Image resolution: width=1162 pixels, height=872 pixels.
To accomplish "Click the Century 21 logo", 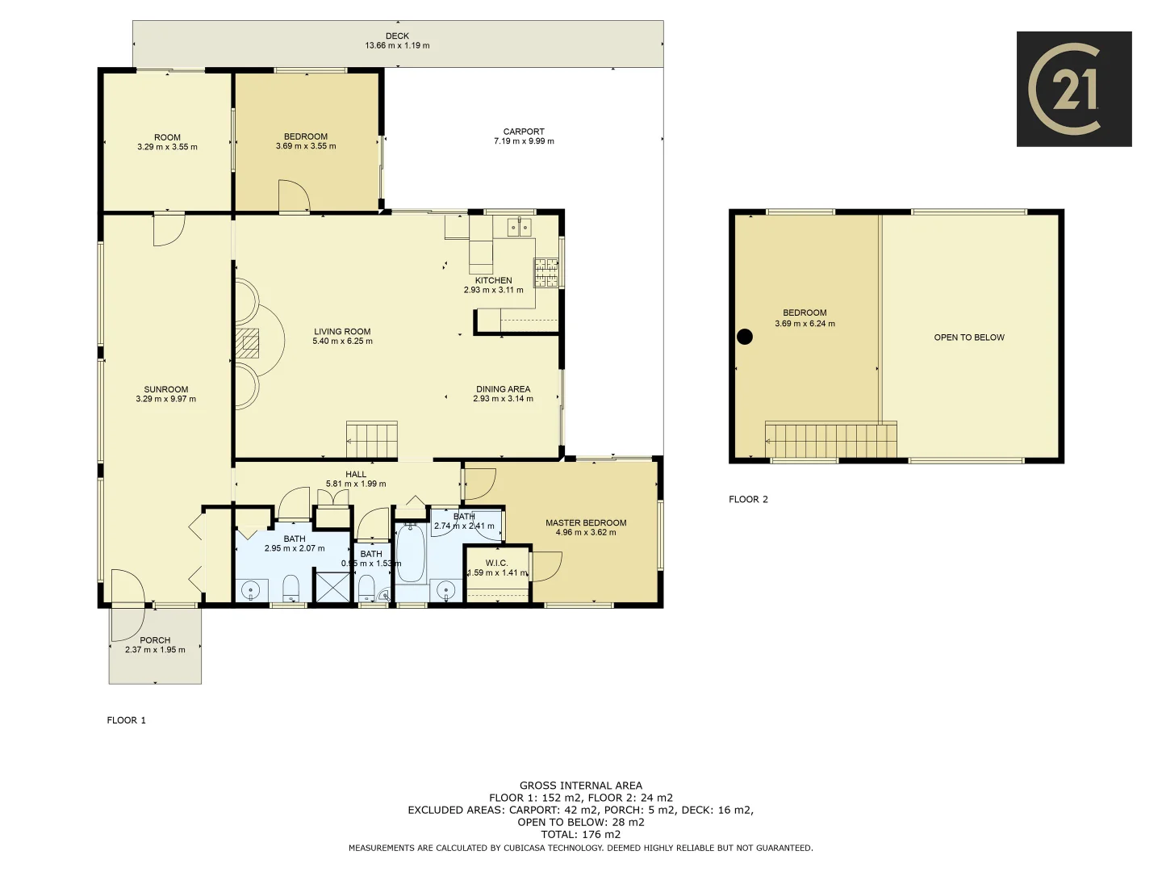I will click(x=1073, y=89).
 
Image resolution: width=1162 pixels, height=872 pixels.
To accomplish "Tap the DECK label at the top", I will click(x=397, y=36).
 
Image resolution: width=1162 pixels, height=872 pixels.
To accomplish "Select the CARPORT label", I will click(x=524, y=132).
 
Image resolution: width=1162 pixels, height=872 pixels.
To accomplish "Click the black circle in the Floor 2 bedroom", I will click(x=745, y=337).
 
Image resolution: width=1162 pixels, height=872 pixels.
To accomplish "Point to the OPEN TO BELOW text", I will click(x=969, y=337).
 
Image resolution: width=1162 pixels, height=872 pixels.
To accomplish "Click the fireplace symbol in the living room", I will click(x=248, y=343).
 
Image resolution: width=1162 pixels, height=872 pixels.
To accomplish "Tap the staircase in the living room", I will click(x=372, y=440).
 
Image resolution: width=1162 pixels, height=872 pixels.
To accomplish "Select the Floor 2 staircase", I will click(x=830, y=441).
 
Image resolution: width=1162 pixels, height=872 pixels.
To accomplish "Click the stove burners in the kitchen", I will click(x=546, y=272).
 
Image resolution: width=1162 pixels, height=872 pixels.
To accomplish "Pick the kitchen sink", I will click(x=520, y=228).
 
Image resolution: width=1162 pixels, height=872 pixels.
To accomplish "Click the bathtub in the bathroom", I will click(x=411, y=553).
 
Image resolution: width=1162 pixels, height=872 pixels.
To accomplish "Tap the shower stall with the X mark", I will click(x=332, y=586).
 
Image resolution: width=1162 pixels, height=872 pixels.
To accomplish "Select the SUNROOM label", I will click(x=166, y=389).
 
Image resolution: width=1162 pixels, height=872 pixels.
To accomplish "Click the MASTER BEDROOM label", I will click(x=586, y=522).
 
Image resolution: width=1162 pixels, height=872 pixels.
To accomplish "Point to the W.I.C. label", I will click(x=496, y=563).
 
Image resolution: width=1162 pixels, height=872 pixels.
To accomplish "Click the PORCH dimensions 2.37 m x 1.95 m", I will click(x=155, y=650).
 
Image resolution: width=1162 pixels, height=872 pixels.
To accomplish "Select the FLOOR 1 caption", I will click(x=127, y=720).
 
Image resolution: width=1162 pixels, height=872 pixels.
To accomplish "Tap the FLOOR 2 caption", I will click(x=748, y=499).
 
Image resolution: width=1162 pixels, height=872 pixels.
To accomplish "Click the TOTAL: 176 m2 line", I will click(x=581, y=834).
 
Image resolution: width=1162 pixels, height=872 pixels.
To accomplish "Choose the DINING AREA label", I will click(x=503, y=389).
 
